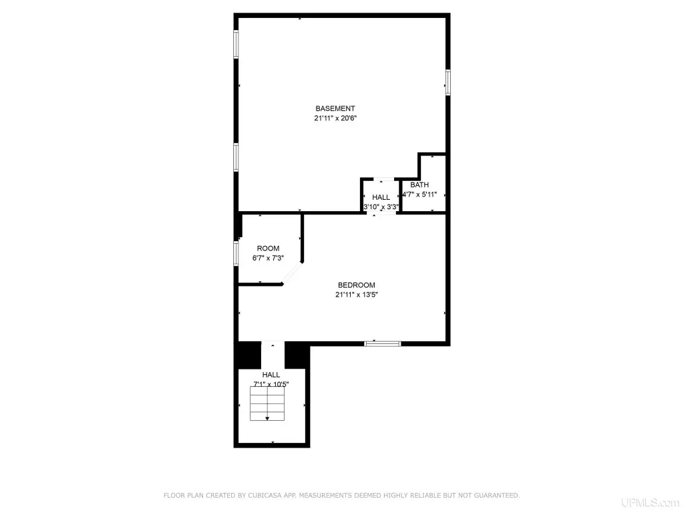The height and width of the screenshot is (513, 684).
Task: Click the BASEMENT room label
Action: pyautogui.click(x=335, y=108)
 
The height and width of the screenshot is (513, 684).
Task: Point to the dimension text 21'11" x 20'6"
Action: pyautogui.click(x=335, y=118)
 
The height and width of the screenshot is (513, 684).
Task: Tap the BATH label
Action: pyautogui.click(x=419, y=185)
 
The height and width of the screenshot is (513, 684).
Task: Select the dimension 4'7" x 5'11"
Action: pyautogui.click(x=419, y=194)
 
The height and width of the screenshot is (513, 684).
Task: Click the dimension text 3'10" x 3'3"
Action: pyautogui.click(x=381, y=207)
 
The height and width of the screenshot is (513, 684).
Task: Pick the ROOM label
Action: pyautogui.click(x=268, y=248)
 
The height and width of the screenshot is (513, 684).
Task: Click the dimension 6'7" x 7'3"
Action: pyautogui.click(x=268, y=258)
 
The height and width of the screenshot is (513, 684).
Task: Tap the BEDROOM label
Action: pyautogui.click(x=357, y=285)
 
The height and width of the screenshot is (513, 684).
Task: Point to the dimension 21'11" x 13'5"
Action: pyautogui.click(x=357, y=295)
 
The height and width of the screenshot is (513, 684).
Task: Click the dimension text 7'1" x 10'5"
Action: pyautogui.click(x=271, y=384)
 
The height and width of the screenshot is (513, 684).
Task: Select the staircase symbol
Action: pyautogui.click(x=267, y=403)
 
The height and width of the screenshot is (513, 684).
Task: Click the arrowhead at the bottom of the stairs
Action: pyautogui.click(x=267, y=419)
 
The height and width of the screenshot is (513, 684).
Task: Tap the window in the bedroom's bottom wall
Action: pyautogui.click(x=383, y=344)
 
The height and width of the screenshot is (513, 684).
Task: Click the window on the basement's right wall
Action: pyautogui.click(x=448, y=82)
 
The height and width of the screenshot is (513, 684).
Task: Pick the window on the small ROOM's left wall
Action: pyautogui.click(x=236, y=253)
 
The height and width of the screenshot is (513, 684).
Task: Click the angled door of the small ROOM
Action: pyautogui.click(x=292, y=273)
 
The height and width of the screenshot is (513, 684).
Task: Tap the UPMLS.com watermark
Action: pyautogui.click(x=651, y=502)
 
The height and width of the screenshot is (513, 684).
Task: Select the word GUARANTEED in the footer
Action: pyautogui.click(x=497, y=496)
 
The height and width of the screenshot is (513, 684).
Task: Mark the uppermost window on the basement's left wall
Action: pyautogui.click(x=236, y=44)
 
